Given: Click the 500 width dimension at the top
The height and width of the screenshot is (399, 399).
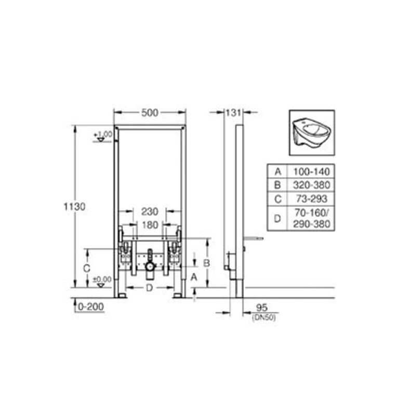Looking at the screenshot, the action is (x=150, y=113).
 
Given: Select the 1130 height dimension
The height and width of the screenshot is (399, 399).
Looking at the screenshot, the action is (x=74, y=207).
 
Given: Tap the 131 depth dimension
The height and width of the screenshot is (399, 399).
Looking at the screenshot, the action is (x=233, y=113).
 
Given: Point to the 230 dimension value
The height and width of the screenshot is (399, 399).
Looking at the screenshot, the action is (x=150, y=211).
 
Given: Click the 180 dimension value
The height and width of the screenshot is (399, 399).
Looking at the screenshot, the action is (x=150, y=225).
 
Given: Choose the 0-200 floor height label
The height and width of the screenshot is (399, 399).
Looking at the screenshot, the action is (x=91, y=307).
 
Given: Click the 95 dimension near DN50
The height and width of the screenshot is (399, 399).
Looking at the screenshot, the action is (x=262, y=308).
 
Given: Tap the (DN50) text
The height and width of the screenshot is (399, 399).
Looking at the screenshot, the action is (x=264, y=317).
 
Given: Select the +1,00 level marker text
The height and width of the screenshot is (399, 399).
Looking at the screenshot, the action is (x=103, y=134).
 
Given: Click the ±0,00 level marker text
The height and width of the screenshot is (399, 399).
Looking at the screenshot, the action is (x=102, y=280).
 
